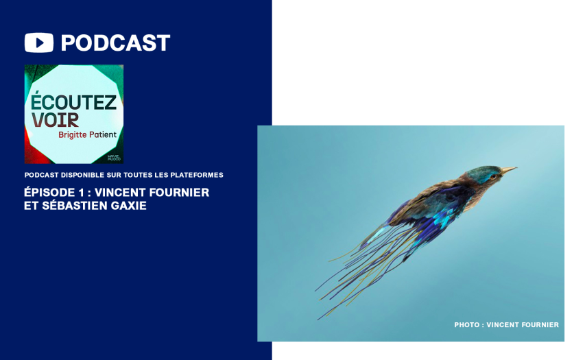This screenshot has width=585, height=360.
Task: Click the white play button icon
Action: coord(39,43)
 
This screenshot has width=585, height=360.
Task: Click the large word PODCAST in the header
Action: coord(115,43)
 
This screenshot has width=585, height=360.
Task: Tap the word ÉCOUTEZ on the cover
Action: coord(73,101)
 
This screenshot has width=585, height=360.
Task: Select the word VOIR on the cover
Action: coord(55,120)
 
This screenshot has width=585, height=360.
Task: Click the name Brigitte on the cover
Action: coord(73,135)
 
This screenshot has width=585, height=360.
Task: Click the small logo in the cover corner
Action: coord(114,158)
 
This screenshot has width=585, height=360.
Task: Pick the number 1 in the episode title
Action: coord(82,193)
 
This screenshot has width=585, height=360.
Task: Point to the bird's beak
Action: coord(508,171)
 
